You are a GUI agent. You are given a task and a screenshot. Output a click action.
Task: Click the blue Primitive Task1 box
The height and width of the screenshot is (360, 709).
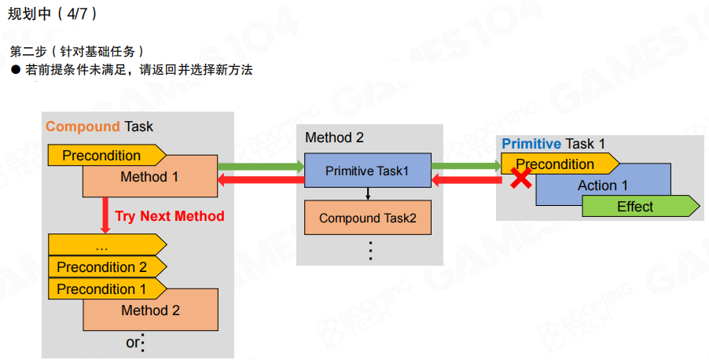pyautogui.click(x=367, y=171)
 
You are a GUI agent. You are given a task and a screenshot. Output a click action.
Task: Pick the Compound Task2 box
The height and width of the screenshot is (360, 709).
pyautogui.click(x=368, y=218)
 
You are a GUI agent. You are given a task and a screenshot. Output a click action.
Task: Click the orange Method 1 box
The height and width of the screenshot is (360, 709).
pyautogui.click(x=149, y=178)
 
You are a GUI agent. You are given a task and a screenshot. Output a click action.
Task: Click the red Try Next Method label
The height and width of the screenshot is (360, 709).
pyautogui.click(x=170, y=216)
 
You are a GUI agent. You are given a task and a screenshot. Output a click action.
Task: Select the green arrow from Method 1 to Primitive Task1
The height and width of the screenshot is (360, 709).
pyautogui.click(x=260, y=166)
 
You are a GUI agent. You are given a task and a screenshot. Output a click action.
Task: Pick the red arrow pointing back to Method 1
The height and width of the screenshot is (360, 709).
pyautogui.click(x=260, y=181)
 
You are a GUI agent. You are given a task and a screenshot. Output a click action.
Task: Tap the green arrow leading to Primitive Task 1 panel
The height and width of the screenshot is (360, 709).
pyautogui.click(x=466, y=166)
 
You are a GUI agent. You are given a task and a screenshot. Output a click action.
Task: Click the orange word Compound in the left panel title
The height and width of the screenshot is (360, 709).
pyautogui.click(x=83, y=127)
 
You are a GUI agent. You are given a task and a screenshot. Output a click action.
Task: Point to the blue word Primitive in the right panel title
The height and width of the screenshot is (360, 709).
pyautogui.click(x=531, y=144)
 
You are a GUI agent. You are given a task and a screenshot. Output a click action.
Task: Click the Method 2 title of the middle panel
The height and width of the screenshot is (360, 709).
pyautogui.click(x=334, y=138)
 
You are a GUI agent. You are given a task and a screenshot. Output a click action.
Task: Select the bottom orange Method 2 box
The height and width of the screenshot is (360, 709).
pyautogui.click(x=150, y=311)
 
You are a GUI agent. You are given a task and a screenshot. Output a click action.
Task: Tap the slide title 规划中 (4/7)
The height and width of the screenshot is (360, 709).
pyautogui.click(x=53, y=13)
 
